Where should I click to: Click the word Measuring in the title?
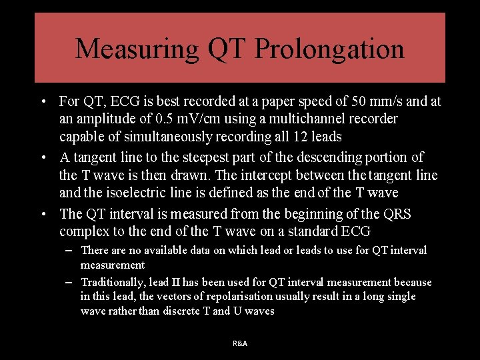coord(137,49)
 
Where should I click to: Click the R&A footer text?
coord(240,343)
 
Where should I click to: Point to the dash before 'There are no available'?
coord(69,251)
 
